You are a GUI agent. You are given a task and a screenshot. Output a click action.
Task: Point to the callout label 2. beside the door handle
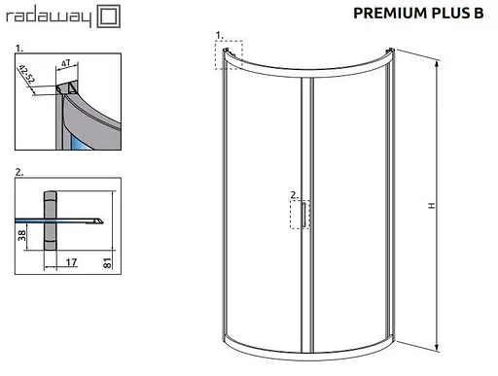[293, 195]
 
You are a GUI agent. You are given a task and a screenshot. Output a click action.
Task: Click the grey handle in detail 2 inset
[52, 233]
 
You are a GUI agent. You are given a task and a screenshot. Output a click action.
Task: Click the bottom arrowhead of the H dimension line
[437, 349]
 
